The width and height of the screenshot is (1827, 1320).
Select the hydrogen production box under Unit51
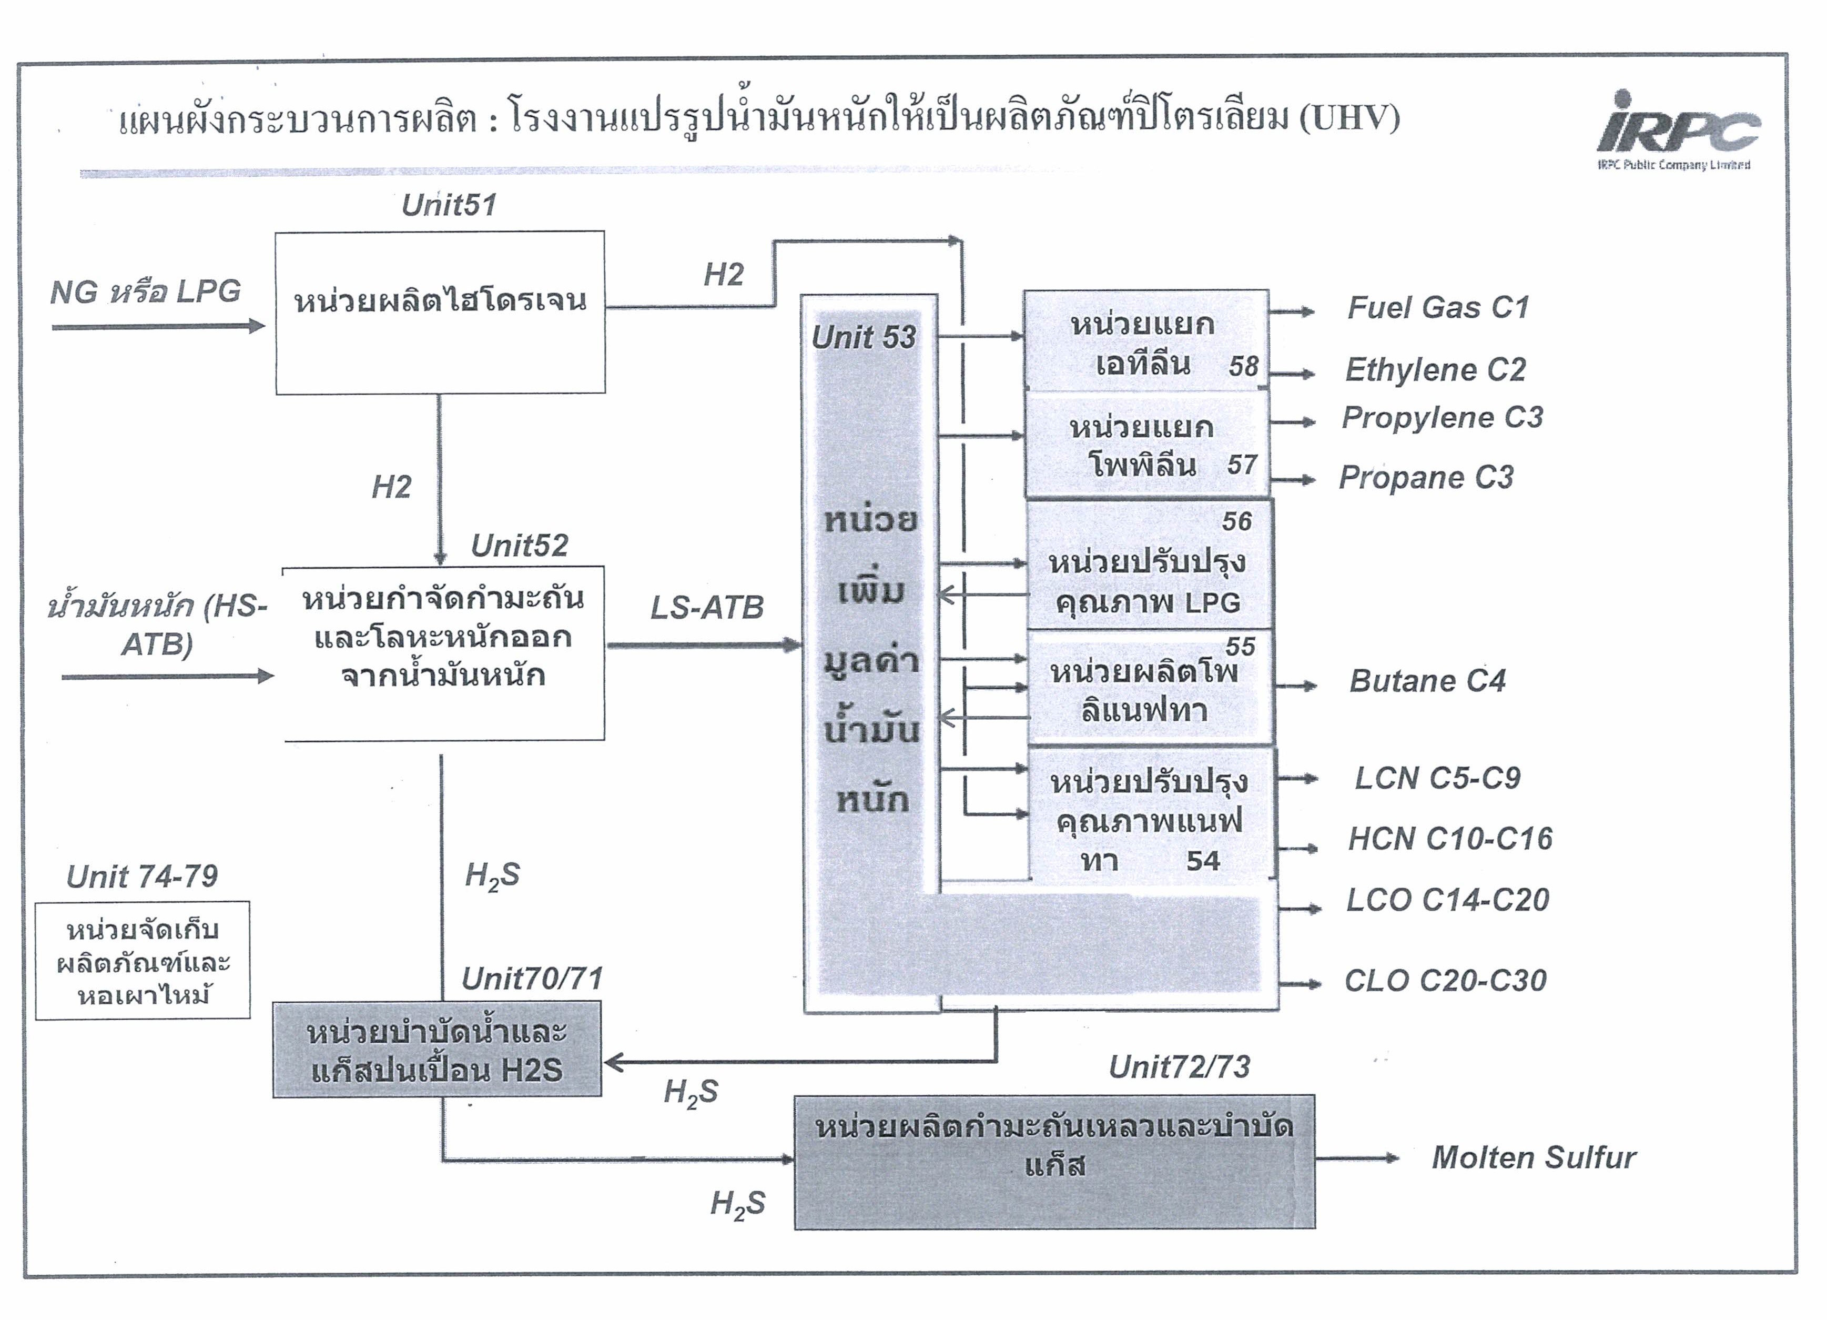coord(440,313)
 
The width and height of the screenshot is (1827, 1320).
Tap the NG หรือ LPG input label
coord(145,291)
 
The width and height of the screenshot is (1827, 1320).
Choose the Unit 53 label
coord(864,337)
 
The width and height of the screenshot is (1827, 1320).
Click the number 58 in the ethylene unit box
coord(1243,367)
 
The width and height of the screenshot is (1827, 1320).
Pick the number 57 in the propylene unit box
coord(1241,465)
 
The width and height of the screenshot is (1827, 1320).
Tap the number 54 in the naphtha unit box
coord(1203,861)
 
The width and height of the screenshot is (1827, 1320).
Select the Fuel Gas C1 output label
coord(1438,307)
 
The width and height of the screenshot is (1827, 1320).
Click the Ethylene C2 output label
coord(1436,370)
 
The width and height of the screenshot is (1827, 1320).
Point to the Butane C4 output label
coord(1427,681)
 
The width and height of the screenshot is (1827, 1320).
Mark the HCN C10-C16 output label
coord(1450,839)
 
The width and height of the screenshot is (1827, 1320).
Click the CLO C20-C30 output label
coord(1445,981)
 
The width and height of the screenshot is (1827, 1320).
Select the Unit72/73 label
coord(1179,1067)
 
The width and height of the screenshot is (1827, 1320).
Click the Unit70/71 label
coord(532,979)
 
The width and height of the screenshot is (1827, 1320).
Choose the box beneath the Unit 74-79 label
coord(143,961)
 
